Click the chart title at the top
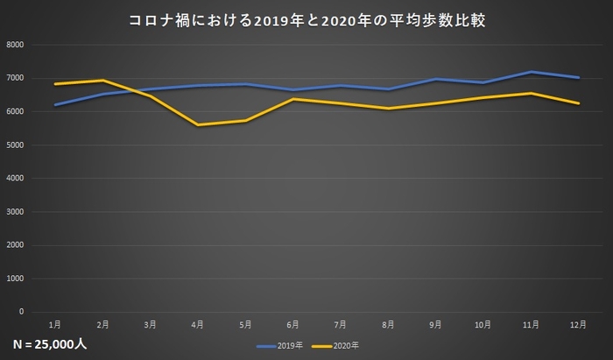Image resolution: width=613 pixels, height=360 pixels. click(x=306, y=18)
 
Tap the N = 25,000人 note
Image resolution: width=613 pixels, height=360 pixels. click(x=50, y=343)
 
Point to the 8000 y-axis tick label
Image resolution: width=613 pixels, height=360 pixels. click(x=15, y=45)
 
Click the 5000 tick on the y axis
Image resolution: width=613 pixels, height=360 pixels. click(x=15, y=145)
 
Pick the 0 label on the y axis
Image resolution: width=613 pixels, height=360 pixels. click(x=22, y=312)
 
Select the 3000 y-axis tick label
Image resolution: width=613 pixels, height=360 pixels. click(x=15, y=212)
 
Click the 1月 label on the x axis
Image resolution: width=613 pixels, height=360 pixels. click(x=55, y=324)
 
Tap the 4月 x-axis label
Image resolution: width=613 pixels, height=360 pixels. click(x=198, y=324)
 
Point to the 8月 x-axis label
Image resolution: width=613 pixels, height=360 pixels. click(x=388, y=324)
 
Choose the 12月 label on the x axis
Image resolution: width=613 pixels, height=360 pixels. click(x=578, y=324)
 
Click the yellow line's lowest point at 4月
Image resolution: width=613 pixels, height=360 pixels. click(x=198, y=125)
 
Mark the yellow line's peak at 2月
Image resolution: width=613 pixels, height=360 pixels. click(x=102, y=81)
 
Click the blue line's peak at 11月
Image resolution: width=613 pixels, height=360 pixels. click(x=531, y=72)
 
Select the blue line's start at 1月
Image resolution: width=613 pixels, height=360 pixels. click(x=55, y=105)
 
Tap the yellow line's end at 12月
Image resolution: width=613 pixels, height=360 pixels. click(x=578, y=103)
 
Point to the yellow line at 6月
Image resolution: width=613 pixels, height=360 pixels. click(x=293, y=99)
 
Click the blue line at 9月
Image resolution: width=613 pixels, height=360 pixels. click(x=435, y=80)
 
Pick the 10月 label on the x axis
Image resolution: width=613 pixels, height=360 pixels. click(x=483, y=324)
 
